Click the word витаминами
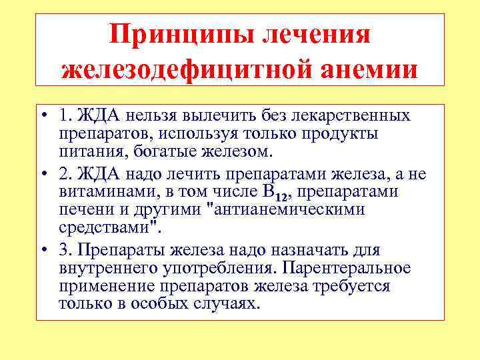tap(103, 193)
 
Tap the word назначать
tap(309, 251)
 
